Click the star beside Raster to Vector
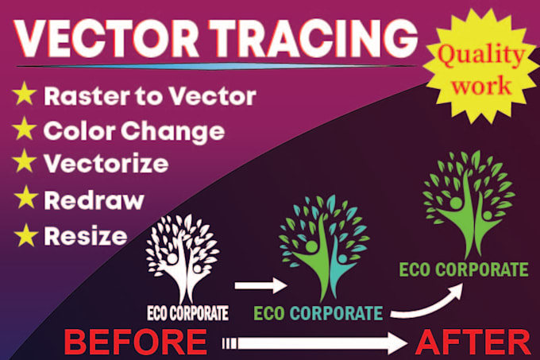click(x=25, y=97)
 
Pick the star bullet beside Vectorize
click(x=25, y=165)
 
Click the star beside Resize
click(x=25, y=235)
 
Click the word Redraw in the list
click(x=94, y=200)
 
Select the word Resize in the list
click(x=85, y=235)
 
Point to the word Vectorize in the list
click(x=106, y=165)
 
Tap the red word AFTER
click(x=473, y=343)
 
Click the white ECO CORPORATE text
click(x=187, y=312)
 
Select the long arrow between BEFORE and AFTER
click(x=318, y=343)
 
